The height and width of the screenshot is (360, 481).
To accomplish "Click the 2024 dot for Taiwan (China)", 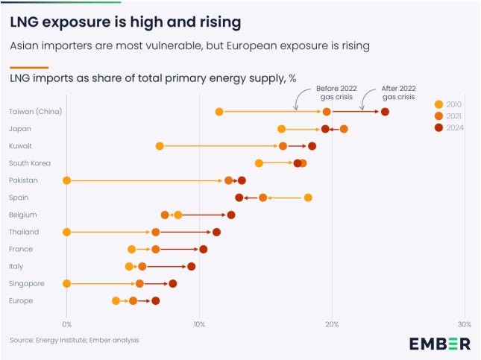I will pos(385,112).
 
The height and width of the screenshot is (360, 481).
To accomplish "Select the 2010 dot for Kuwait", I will pos(160,146).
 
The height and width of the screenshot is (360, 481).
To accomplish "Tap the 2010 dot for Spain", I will pos(308,198).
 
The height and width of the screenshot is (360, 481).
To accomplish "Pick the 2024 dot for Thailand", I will pos(217,232).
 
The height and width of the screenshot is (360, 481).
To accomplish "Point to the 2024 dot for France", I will pos(204,249).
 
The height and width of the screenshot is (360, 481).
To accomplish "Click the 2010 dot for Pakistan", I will pos(67,180).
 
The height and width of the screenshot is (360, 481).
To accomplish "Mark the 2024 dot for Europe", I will pos(156,301).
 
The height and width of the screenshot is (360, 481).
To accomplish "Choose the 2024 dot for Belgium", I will pos(231,215).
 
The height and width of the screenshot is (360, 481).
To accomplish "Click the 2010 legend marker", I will pos(438,104).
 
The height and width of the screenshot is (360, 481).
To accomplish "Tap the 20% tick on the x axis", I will pos(332,324).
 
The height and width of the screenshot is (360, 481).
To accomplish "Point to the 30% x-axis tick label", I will pos(465,324).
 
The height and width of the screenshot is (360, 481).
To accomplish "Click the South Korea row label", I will pos(28,163).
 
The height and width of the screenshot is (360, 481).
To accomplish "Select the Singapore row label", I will pos(27,283).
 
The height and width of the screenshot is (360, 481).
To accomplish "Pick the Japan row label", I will pos(19,129).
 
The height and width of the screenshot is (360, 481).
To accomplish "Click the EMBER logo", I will pos(439,343).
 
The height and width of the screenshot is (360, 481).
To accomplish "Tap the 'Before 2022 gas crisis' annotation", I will pos(336,92).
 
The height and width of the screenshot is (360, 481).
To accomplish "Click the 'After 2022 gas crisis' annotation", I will pos(398,92).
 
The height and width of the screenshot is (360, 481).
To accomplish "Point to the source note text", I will pos(75,340).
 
